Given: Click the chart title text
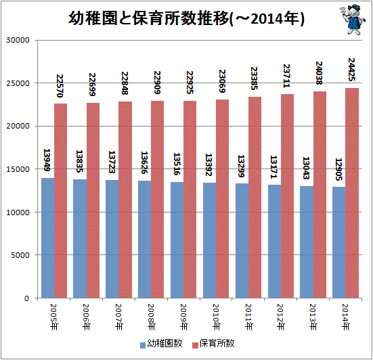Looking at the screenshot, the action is tap(187, 18).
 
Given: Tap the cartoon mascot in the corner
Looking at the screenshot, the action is tap(353, 20).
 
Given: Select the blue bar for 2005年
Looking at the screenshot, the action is tap(48, 238).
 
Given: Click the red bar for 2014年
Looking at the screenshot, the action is tap(352, 193).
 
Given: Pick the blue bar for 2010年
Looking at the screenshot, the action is tap(210, 240).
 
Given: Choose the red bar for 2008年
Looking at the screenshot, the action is tap(157, 199).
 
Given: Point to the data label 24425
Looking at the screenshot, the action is tap(351, 70).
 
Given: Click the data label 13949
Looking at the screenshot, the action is tap(47, 160).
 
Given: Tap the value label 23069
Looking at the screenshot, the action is tap(222, 81).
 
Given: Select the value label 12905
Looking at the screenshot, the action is tap(338, 169).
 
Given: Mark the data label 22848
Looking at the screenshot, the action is tap(125, 83).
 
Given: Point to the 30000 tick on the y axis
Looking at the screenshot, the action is tap(18, 40).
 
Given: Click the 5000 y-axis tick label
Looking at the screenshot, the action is tap(20, 255).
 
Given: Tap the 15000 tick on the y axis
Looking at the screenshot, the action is tap(18, 169).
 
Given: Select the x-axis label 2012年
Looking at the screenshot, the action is tap(280, 317).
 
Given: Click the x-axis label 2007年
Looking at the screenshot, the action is tap(118, 317).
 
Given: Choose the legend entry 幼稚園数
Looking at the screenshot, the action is tap(161, 344).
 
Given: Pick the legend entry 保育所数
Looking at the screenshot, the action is tap(213, 344).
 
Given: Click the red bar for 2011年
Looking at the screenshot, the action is tap(255, 198).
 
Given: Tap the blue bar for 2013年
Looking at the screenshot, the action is tap(307, 242).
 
